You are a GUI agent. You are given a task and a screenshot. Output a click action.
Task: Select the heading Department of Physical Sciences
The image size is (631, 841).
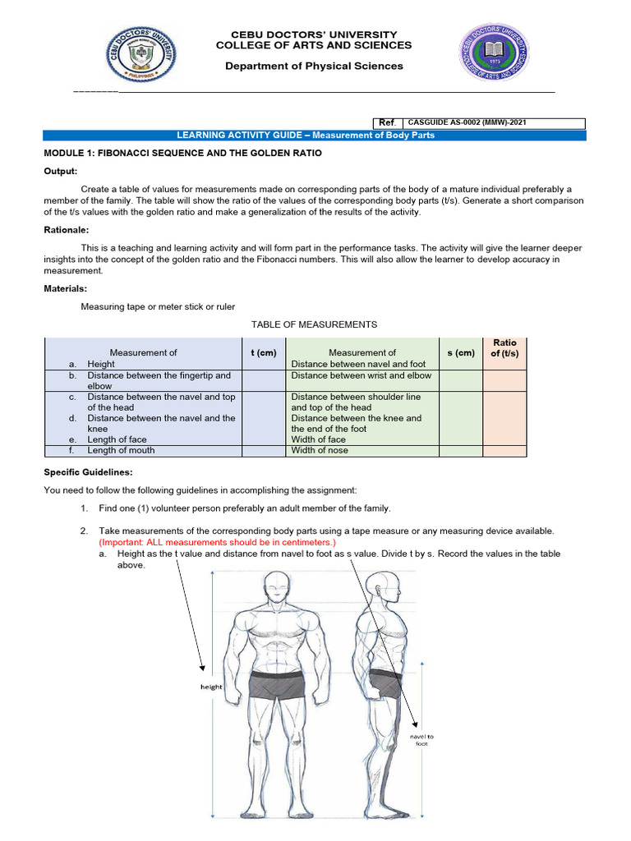315,66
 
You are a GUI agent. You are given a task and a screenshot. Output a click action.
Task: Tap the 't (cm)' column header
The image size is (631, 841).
263,352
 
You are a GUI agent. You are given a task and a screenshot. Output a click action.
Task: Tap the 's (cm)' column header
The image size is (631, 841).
461,352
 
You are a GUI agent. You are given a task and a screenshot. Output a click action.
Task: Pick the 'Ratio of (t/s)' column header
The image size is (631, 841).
504,347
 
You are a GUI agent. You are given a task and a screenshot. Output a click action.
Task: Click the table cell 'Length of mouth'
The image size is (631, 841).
121,450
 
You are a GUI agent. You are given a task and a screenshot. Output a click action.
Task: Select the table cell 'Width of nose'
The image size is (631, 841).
320,450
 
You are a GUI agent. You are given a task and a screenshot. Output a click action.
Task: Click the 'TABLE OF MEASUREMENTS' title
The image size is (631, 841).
314,324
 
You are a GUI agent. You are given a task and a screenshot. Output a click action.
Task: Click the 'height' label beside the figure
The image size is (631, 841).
211,687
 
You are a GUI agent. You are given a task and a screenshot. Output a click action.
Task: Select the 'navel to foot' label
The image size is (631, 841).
421,740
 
